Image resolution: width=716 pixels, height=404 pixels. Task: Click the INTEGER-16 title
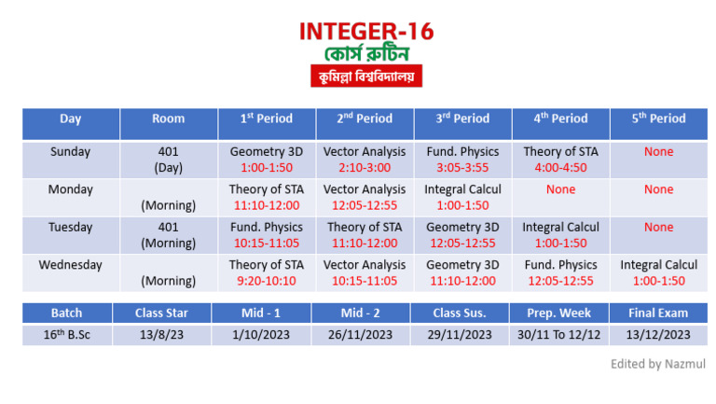click(366, 31)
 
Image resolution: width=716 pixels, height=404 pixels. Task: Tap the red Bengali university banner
click(366, 76)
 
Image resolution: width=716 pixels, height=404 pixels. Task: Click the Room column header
click(168, 118)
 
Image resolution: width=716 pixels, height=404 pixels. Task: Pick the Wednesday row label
click(70, 265)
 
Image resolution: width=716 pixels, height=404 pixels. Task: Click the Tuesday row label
click(70, 227)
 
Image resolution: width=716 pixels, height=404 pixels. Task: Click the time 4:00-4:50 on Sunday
click(561, 168)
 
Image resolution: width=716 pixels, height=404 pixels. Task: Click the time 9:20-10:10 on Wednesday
click(267, 281)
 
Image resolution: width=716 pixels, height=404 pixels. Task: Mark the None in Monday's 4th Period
click(561, 189)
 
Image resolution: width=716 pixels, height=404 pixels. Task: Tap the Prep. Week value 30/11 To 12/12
click(561, 335)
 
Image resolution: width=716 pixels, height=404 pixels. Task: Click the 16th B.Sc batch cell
click(67, 335)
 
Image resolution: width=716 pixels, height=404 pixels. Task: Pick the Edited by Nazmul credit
click(658, 363)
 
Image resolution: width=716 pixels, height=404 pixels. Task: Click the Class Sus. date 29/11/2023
click(463, 335)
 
